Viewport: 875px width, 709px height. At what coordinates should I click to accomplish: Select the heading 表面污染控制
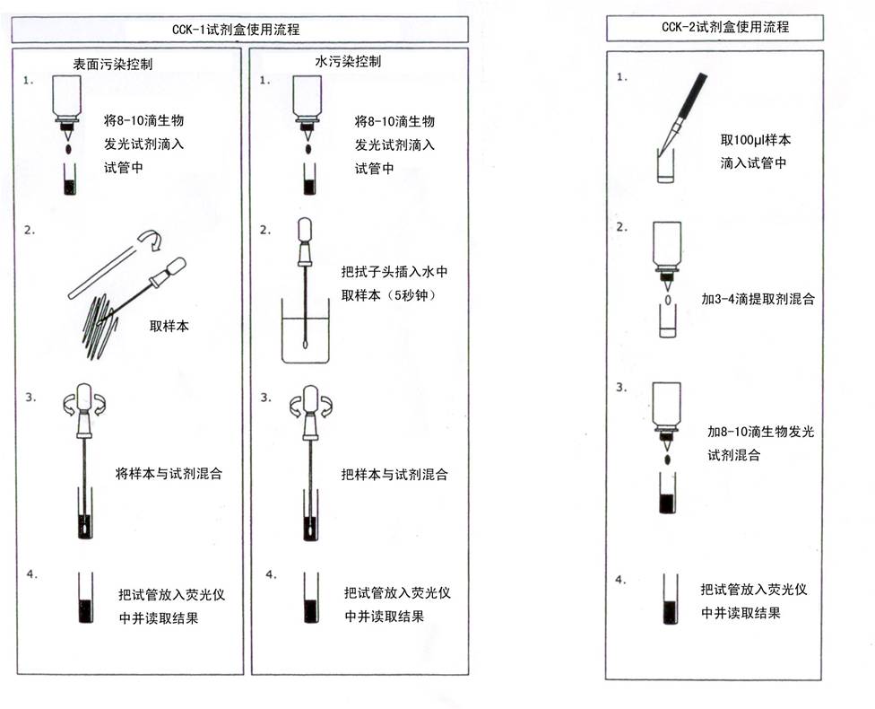113,65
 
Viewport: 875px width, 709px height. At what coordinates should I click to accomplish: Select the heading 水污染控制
348,62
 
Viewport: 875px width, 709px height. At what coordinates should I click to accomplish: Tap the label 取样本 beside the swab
169,327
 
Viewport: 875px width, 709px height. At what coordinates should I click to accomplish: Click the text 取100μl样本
756,141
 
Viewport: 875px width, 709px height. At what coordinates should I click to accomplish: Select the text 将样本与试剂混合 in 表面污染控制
169,473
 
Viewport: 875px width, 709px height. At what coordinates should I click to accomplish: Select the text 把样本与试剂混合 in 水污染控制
394,474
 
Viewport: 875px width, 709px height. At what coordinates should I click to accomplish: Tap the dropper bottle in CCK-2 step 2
667,247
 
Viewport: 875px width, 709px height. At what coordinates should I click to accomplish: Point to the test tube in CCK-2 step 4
668,599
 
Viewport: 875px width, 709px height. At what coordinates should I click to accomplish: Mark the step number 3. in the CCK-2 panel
621,389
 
